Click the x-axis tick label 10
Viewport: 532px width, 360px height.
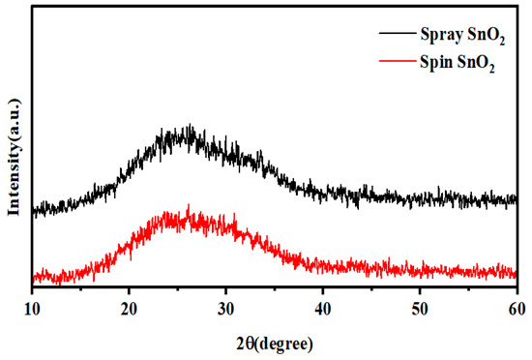point(33,309)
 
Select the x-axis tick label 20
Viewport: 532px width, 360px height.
point(130,309)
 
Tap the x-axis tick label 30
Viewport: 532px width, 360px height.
point(226,309)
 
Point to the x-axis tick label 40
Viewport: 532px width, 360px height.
point(323,309)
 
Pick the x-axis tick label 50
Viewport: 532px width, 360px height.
point(420,309)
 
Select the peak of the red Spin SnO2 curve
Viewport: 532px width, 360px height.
point(188,207)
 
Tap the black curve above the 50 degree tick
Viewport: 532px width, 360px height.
point(420,198)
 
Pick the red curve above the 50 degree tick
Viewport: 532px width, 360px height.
point(420,270)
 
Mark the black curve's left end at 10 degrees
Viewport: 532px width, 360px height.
point(34,209)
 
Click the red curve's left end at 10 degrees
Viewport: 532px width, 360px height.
point(34,278)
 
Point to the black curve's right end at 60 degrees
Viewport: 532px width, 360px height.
point(516,199)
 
